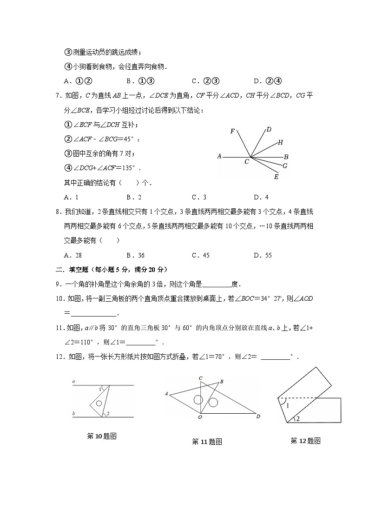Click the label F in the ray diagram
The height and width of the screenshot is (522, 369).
click(232, 132)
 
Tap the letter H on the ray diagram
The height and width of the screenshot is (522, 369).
click(280, 142)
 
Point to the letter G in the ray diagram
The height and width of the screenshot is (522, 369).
click(285, 165)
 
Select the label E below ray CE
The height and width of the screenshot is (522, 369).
click(276, 177)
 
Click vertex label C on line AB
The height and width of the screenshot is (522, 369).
click(247, 162)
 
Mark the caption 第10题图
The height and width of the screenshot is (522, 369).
click(101, 436)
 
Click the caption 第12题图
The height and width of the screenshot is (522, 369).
click(305, 441)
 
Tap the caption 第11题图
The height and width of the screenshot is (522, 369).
click(207, 442)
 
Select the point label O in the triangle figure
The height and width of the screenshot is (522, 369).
click(200, 417)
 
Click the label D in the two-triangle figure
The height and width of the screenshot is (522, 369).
click(258, 416)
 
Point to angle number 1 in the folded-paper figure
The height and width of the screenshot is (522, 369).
click(288, 406)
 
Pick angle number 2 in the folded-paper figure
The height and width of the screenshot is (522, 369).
click(297, 419)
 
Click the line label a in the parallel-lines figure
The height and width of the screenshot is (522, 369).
click(73, 382)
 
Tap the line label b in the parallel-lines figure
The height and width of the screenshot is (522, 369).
click(73, 413)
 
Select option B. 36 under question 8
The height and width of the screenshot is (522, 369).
click(135, 255)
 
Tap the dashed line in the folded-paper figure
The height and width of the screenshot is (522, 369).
click(297, 398)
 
